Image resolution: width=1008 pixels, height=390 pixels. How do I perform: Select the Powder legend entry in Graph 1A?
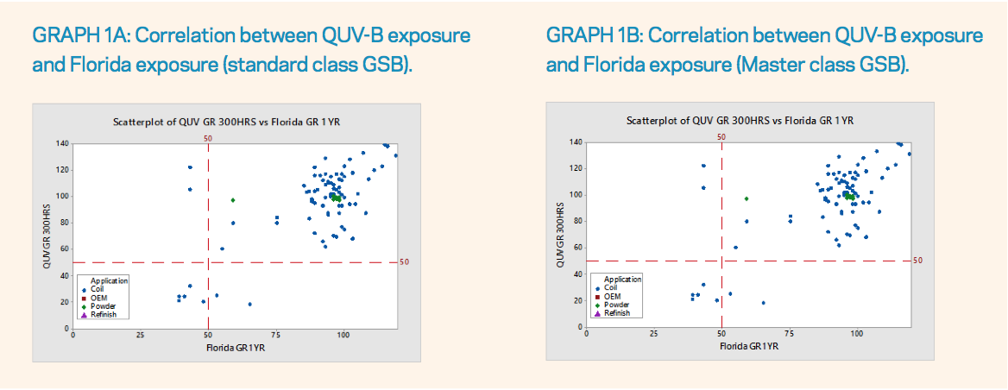[98, 305]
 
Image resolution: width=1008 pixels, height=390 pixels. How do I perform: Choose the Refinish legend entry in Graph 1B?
[614, 313]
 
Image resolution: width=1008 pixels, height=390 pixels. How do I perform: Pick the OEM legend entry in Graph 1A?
[95, 298]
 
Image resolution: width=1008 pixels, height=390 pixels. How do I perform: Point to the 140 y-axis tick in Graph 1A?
[63, 143]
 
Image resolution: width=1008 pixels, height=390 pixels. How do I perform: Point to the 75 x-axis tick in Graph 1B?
[790, 332]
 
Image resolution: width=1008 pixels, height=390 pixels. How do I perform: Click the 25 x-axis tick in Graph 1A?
[140, 335]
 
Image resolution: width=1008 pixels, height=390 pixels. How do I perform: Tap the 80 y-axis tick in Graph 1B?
[578, 221]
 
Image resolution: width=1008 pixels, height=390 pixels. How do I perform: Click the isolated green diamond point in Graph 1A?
[233, 200]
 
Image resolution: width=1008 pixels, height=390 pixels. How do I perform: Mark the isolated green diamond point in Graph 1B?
[746, 198]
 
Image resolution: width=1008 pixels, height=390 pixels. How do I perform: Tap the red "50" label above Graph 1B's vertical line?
[721, 136]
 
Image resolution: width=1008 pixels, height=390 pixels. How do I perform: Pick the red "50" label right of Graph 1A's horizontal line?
[405, 262]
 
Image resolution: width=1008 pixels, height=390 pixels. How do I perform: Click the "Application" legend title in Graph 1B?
[623, 280]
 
